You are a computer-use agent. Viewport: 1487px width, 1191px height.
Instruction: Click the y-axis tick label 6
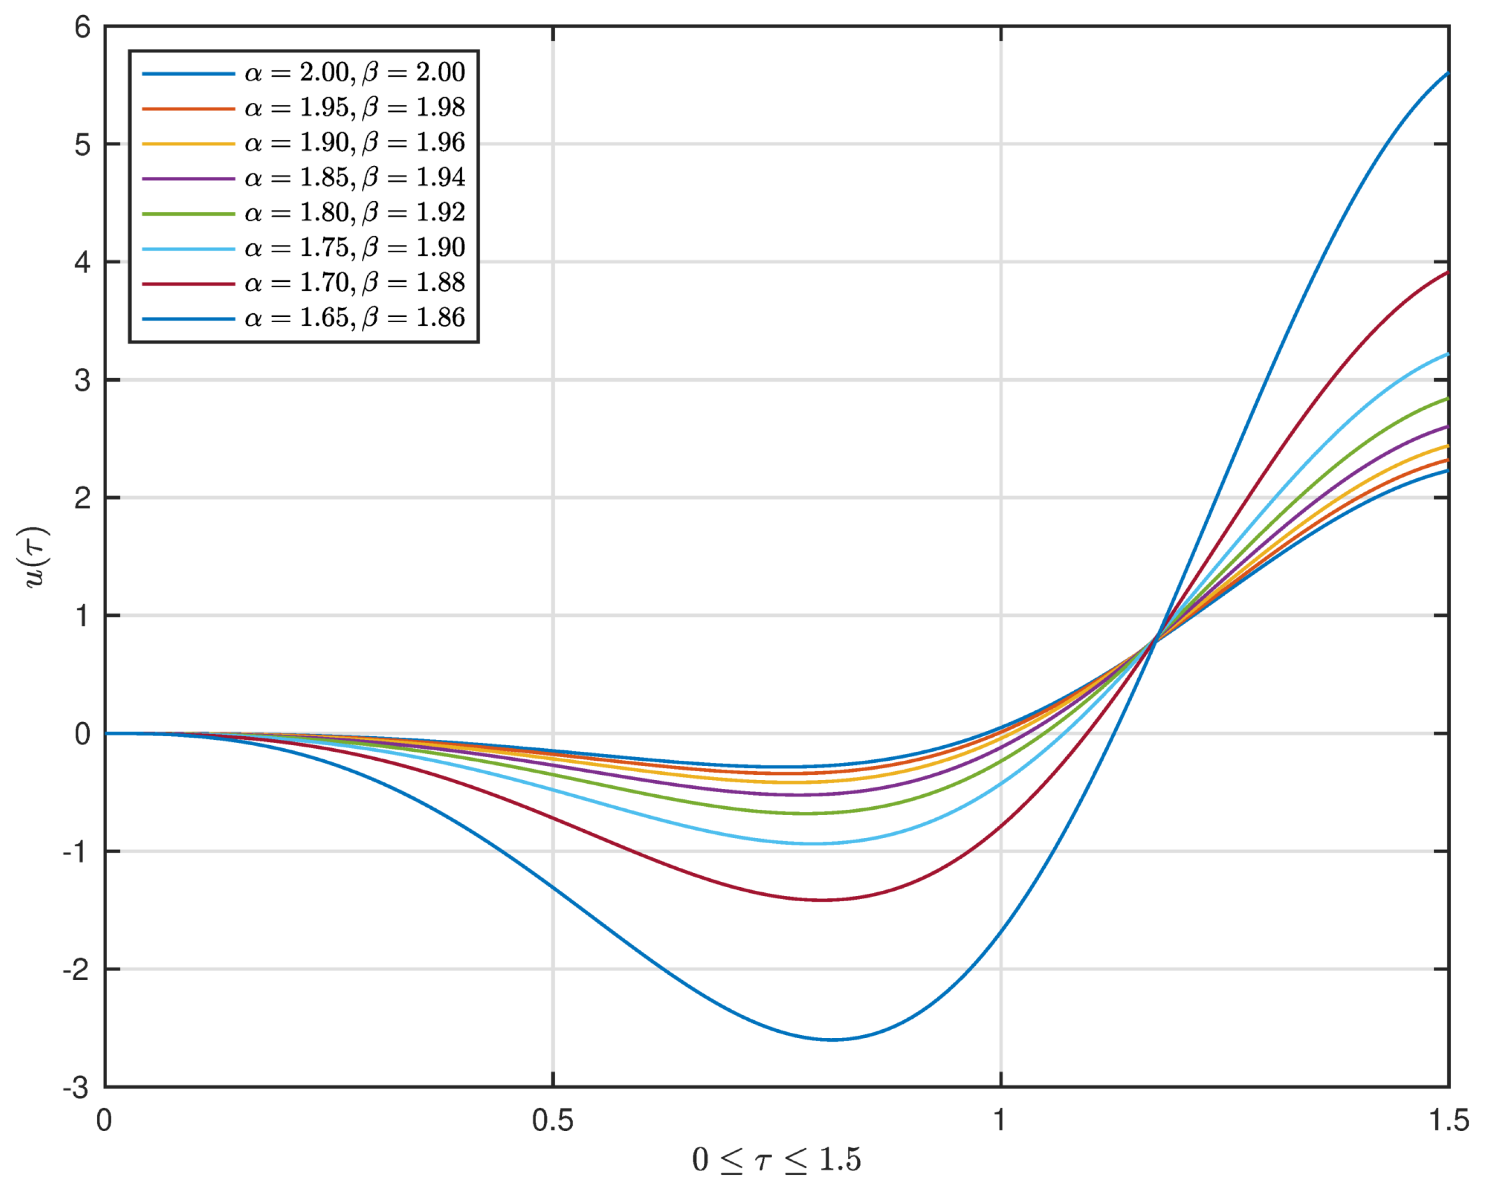click(x=83, y=28)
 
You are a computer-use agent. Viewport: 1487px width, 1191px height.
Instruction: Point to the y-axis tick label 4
click(x=83, y=263)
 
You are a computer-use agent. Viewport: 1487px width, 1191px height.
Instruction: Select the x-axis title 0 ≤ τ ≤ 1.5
click(x=776, y=1161)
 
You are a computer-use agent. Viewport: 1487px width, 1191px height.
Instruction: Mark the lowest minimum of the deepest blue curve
click(x=833, y=1039)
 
